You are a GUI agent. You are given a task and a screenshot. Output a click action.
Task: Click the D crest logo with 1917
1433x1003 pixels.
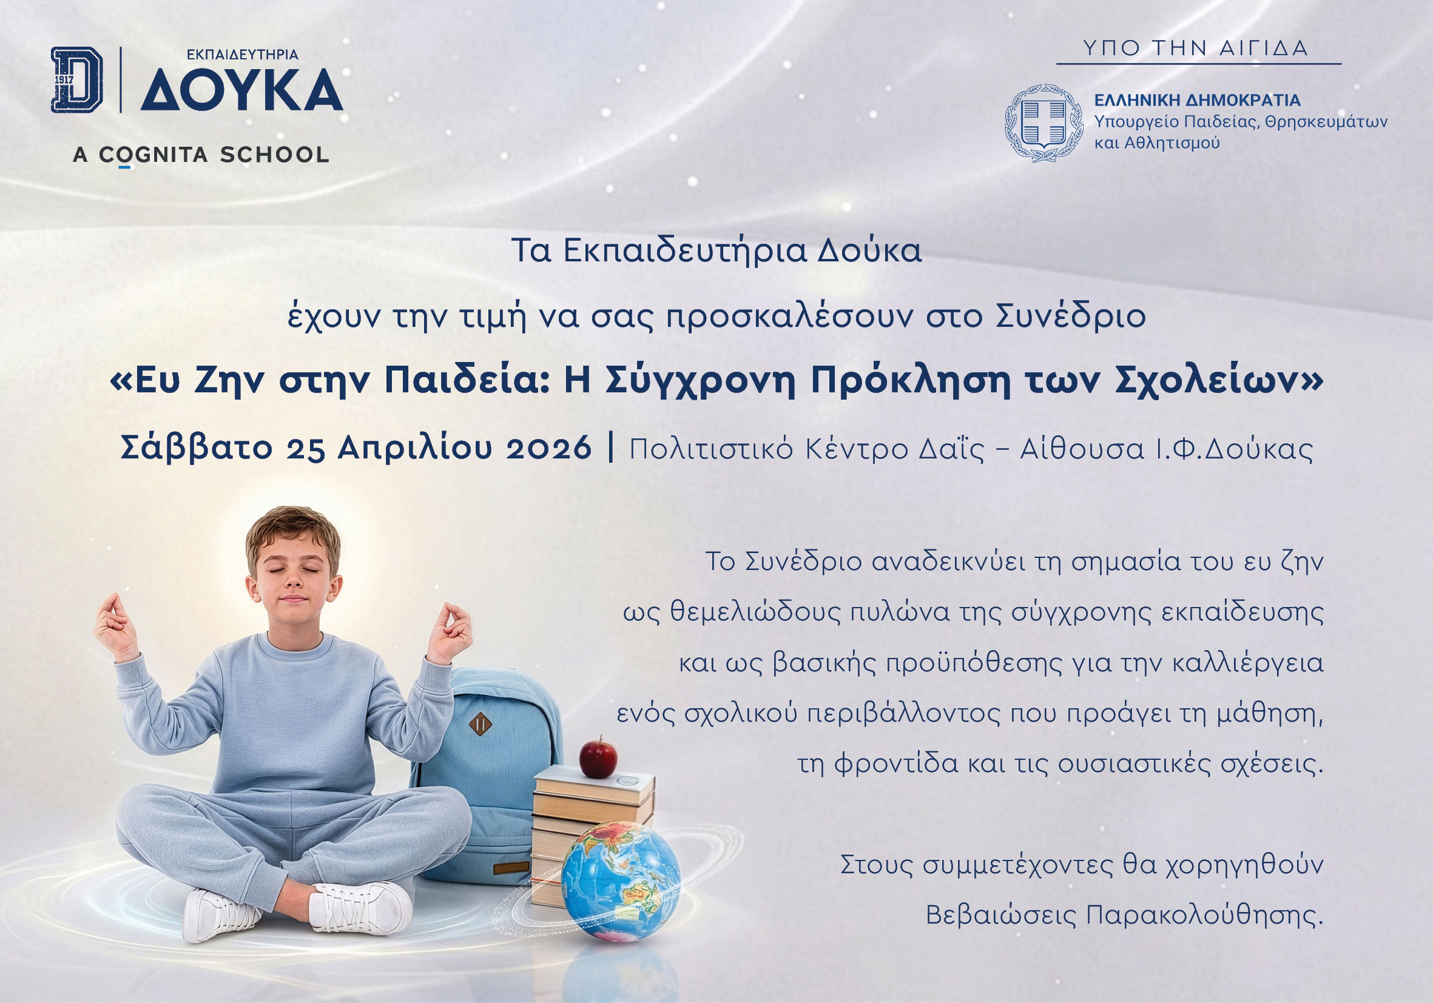pos(77,80)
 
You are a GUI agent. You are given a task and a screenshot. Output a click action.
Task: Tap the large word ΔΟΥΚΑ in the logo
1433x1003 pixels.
pos(242,90)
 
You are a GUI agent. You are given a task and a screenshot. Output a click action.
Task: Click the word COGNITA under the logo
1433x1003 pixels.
pos(153,155)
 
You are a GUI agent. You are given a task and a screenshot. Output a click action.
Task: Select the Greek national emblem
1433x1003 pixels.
pos(1044,123)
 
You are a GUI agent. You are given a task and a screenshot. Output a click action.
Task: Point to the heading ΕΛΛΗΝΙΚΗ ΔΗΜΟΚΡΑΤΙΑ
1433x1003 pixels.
pos(1198,101)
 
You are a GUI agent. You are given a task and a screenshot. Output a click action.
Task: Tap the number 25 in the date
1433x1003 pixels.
pos(306,448)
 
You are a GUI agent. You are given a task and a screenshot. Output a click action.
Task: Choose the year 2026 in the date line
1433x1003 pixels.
pos(548,448)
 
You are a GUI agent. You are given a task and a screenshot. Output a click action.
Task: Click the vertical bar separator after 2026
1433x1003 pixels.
pos(610,448)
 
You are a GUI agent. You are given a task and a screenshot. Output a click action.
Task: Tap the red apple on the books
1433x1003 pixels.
pos(598,757)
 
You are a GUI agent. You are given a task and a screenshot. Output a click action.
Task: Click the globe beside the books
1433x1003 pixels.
pos(621,881)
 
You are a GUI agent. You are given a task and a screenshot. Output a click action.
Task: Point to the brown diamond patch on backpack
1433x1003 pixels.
pos(480,724)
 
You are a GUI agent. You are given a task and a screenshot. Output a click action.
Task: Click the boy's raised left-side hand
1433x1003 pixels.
pos(116,626)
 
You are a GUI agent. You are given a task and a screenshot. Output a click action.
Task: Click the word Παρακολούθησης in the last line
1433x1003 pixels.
pos(1204,915)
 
